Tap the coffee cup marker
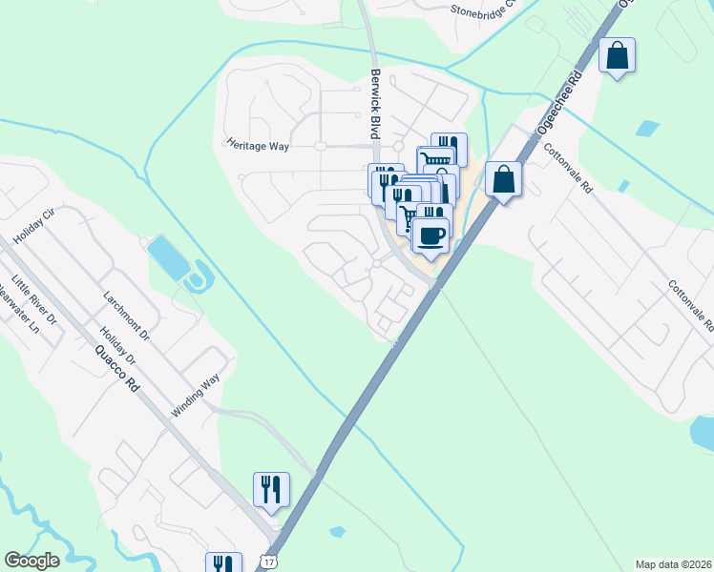click(x=430, y=235)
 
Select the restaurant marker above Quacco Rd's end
click(x=270, y=489)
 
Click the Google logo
click(x=31, y=561)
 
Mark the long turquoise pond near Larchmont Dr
click(x=168, y=256)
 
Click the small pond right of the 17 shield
click(x=336, y=531)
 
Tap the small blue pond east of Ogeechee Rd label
click(x=647, y=128)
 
